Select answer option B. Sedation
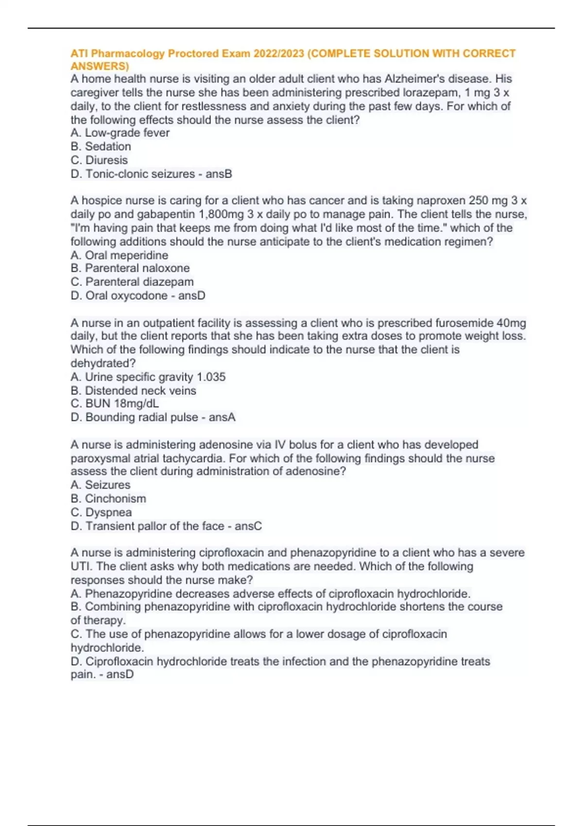click(x=101, y=146)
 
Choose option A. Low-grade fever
click(x=120, y=133)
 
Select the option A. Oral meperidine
click(x=120, y=255)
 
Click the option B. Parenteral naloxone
click(x=130, y=268)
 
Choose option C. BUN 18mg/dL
click(x=115, y=403)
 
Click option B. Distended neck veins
click(x=134, y=390)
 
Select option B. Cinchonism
click(x=108, y=499)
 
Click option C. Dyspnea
click(x=101, y=512)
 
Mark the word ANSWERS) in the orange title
click(x=100, y=66)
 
